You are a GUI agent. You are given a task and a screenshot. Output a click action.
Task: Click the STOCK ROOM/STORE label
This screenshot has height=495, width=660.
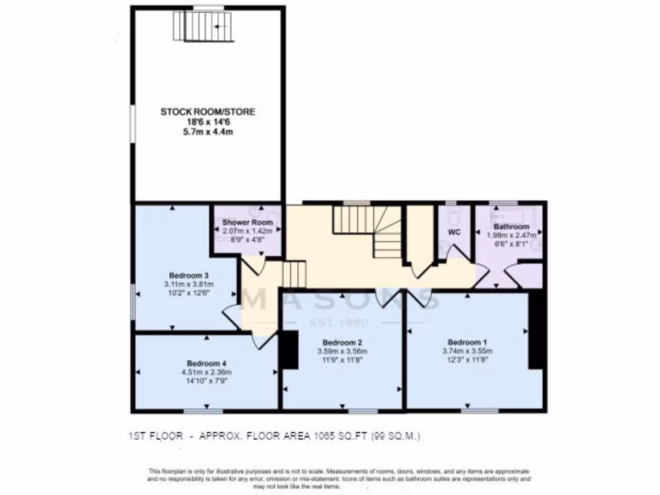tap(208, 112)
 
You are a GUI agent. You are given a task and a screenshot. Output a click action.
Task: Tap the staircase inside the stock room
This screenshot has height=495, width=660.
tap(204, 26)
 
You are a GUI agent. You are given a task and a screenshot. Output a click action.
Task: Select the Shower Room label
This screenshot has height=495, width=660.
tap(248, 222)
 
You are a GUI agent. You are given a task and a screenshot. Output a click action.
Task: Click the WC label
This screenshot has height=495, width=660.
tap(454, 233)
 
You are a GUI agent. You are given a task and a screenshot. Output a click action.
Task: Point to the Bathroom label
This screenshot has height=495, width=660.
tap(511, 227)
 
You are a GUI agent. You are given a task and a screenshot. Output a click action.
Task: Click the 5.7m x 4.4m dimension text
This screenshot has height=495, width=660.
tap(208, 132)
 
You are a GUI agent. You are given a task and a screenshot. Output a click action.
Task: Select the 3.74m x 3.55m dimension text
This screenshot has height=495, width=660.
tap(467, 351)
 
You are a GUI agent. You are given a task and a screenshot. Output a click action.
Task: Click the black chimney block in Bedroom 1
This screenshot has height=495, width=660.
tap(536, 330)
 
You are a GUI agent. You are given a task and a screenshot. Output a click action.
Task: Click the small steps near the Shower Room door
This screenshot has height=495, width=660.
tap(294, 274)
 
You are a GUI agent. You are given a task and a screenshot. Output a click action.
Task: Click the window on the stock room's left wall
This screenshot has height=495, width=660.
tap(132, 122)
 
